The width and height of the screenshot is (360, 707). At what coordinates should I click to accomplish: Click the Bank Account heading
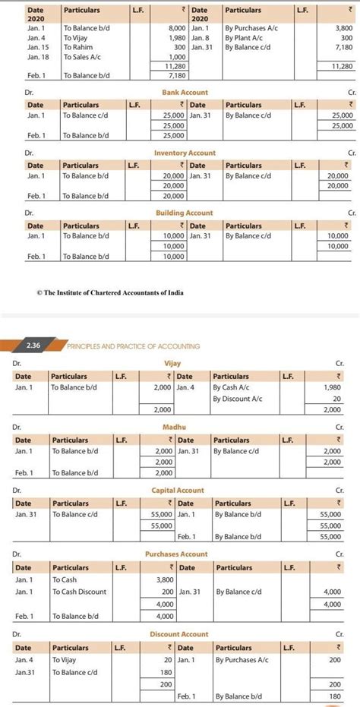pos(185,92)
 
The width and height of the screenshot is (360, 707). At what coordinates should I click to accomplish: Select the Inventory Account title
pos(185,153)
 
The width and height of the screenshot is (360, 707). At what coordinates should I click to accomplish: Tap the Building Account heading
pos(185,213)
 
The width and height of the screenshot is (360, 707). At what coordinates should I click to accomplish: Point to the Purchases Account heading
pos(176,554)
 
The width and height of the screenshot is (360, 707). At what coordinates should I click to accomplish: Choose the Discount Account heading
pos(179,634)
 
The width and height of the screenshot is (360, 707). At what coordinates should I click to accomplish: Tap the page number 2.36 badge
pos(33,346)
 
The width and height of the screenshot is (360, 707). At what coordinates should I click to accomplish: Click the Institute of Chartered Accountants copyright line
pos(109,292)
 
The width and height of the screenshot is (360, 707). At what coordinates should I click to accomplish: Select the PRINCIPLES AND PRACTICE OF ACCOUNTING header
pos(134,346)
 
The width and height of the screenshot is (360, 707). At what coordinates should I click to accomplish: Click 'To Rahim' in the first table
pos(78,47)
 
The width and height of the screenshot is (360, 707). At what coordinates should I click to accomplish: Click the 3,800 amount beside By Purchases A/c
pos(343,27)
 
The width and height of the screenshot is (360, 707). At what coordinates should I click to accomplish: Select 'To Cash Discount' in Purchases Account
pos(80,592)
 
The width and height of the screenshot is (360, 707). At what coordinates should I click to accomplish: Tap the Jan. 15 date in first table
pos(38,47)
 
